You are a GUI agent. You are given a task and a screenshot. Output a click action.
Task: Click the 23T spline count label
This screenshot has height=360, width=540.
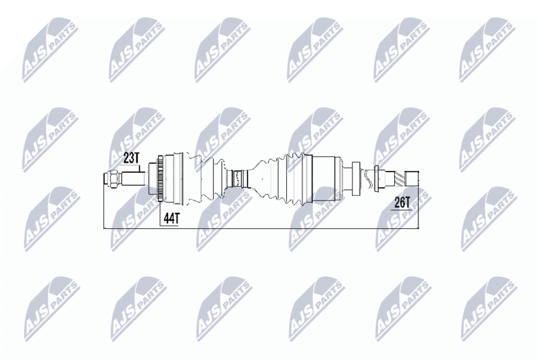pyautogui.click(x=131, y=158)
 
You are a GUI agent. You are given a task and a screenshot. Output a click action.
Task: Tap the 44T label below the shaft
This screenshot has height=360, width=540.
pyautogui.click(x=171, y=218)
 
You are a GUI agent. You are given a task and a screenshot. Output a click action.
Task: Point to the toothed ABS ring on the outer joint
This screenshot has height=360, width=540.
pyautogui.click(x=160, y=179)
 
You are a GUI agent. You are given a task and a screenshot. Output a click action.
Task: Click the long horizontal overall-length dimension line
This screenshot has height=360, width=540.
pyautogui.click(x=261, y=228)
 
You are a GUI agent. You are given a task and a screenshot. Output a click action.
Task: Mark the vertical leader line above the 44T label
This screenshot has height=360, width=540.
pyautogui.click(x=160, y=213)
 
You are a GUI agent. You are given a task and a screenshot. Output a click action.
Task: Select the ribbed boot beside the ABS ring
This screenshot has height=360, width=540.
pyautogui.click(x=206, y=179)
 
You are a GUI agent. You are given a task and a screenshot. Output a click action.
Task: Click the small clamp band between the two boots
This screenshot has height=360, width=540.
pyautogui.click(x=237, y=179)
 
